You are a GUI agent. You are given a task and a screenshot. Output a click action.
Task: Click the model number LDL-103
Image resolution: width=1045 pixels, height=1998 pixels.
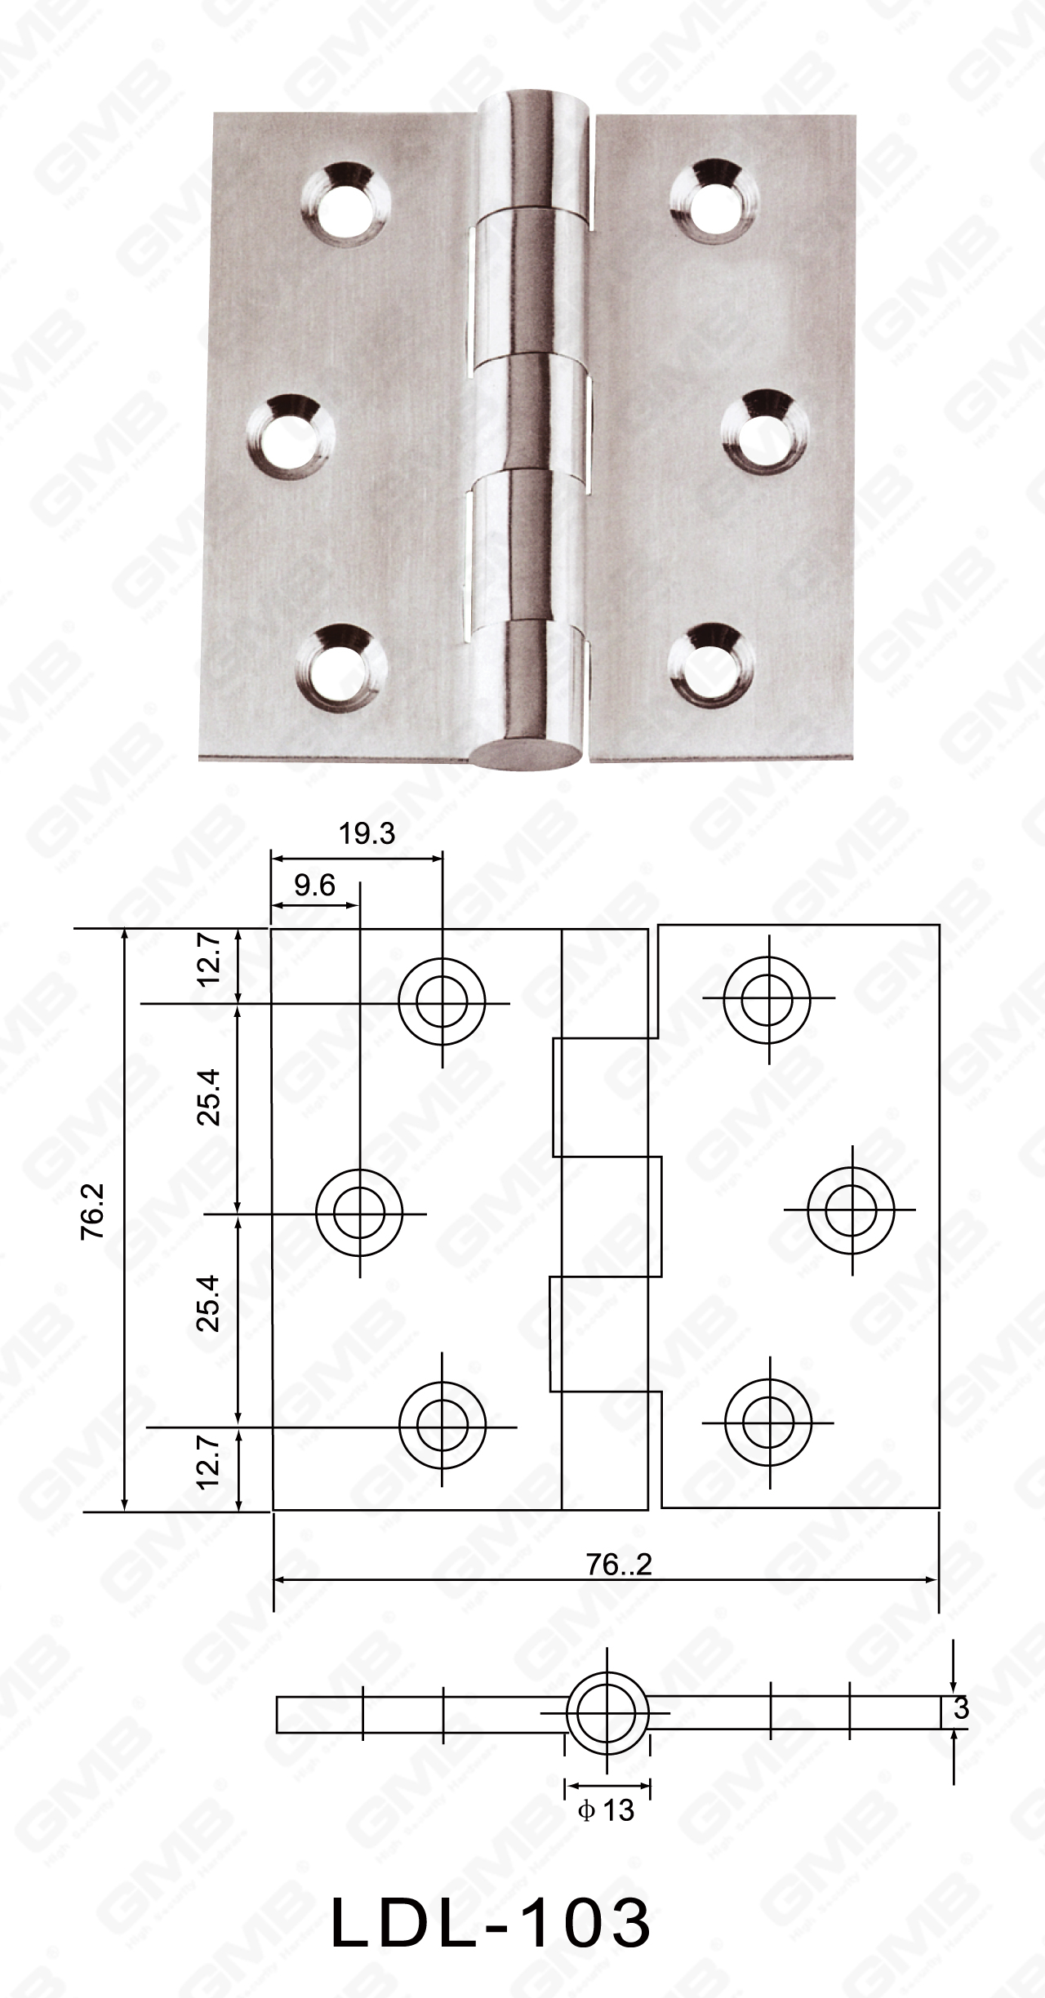(x=491, y=1920)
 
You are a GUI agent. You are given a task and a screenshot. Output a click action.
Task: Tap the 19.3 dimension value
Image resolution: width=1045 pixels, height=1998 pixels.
(x=367, y=833)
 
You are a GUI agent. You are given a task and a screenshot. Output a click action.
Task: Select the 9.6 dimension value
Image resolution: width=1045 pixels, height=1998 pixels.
(x=314, y=886)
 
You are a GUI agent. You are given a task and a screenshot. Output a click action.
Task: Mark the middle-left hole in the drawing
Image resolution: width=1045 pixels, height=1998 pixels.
(x=358, y=1214)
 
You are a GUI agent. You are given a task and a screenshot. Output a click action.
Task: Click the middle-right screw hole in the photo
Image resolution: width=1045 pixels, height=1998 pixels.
(x=767, y=433)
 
